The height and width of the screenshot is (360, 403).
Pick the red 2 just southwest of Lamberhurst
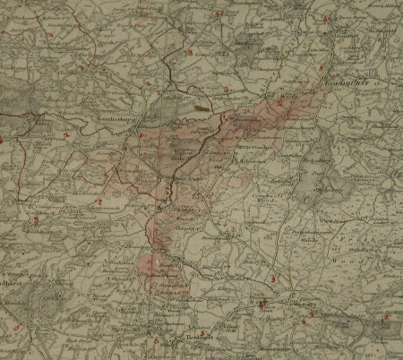tap(65, 135)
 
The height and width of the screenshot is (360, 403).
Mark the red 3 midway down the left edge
tap(35, 219)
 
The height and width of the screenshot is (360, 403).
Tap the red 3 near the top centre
tap(190, 52)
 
